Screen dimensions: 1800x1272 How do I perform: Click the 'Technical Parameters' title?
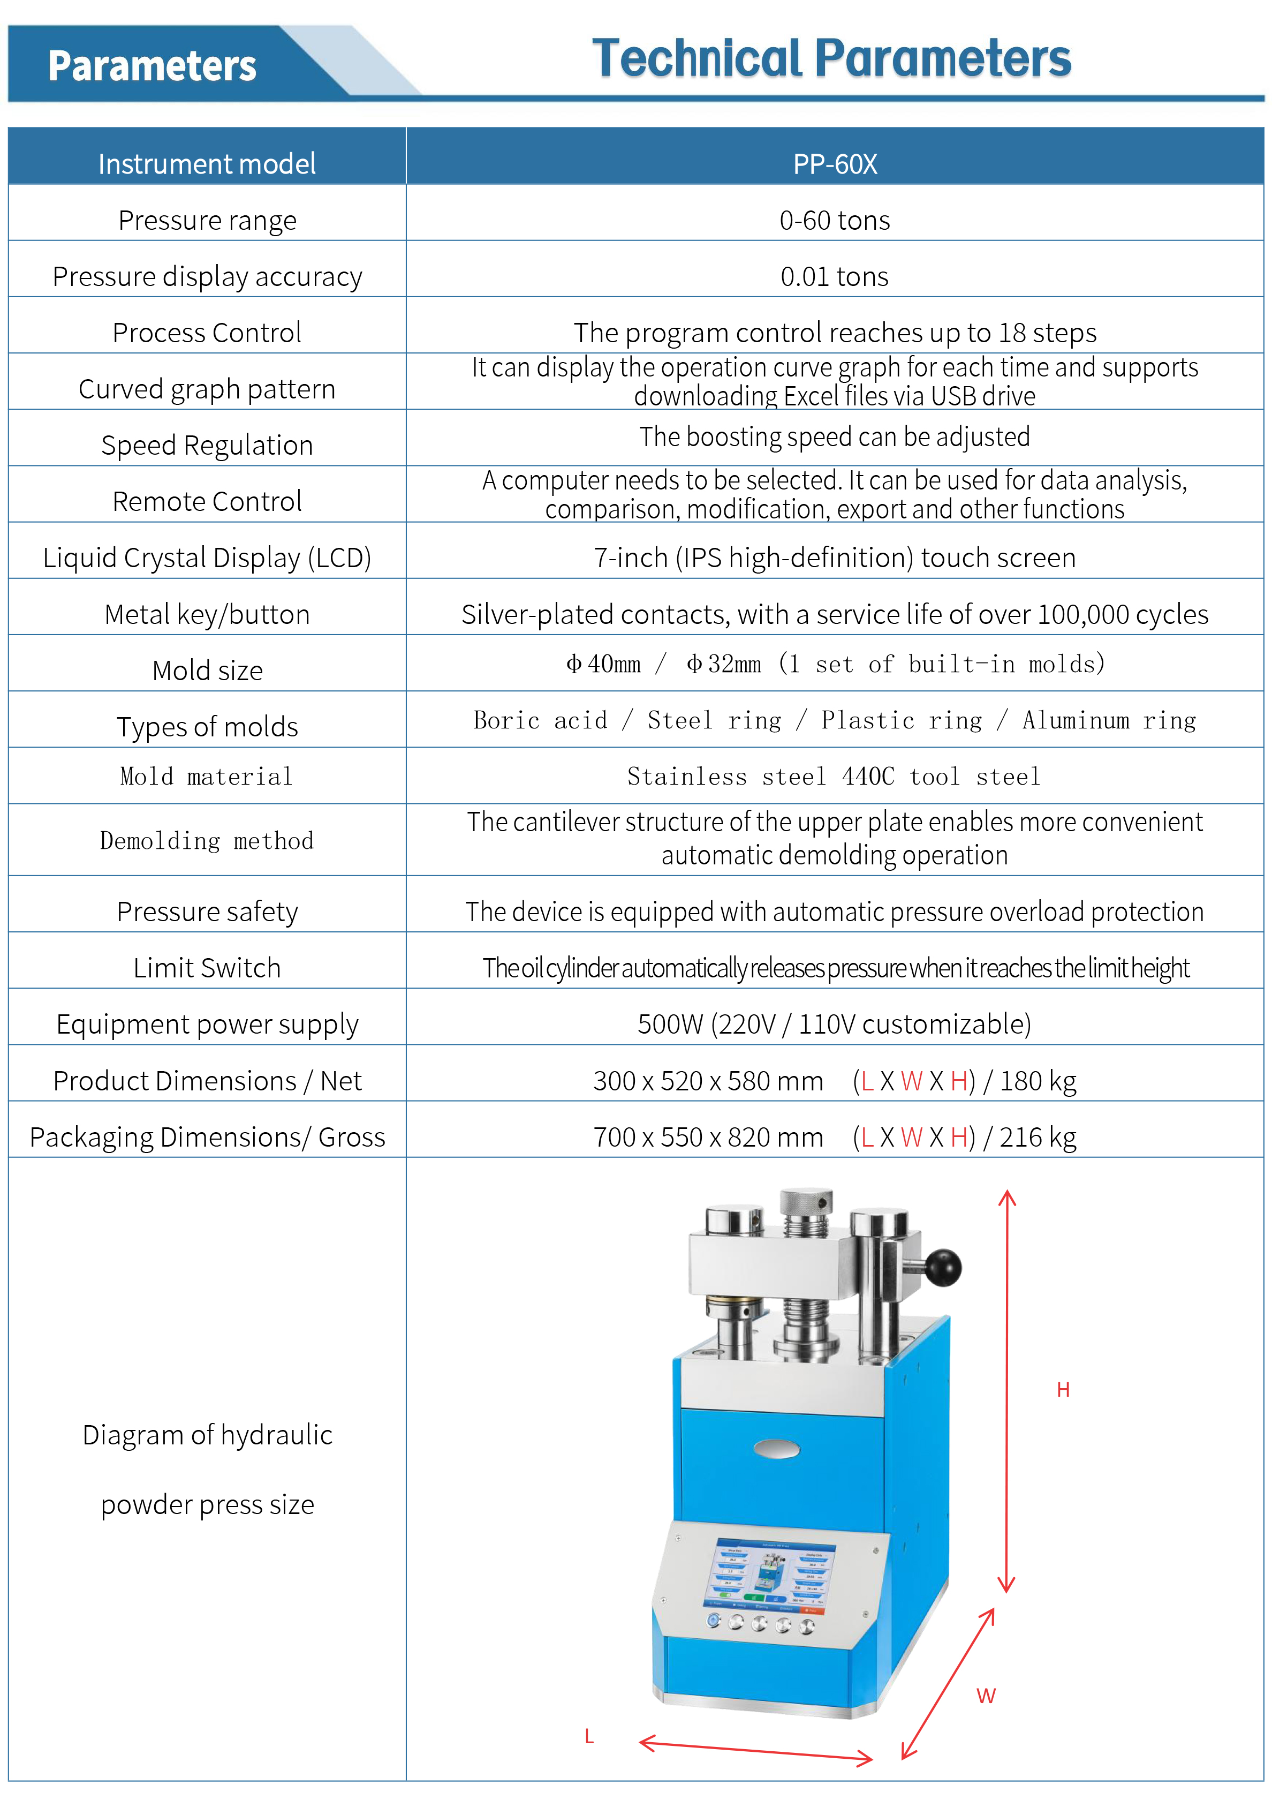(831, 59)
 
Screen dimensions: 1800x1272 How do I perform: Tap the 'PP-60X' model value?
(835, 164)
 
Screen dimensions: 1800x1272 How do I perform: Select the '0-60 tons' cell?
(835, 220)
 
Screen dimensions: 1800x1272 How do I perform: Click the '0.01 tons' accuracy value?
(835, 277)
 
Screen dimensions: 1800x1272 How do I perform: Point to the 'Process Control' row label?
(207, 333)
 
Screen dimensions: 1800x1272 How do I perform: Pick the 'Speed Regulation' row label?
(207, 445)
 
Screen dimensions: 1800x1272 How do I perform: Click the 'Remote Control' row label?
(207, 502)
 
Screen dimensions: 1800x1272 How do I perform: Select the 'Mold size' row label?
(207, 671)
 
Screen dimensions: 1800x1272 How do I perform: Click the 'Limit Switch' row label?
(207, 968)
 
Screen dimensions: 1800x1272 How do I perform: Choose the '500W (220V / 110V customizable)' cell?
(835, 1025)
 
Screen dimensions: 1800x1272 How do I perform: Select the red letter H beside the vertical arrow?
(1063, 1390)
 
